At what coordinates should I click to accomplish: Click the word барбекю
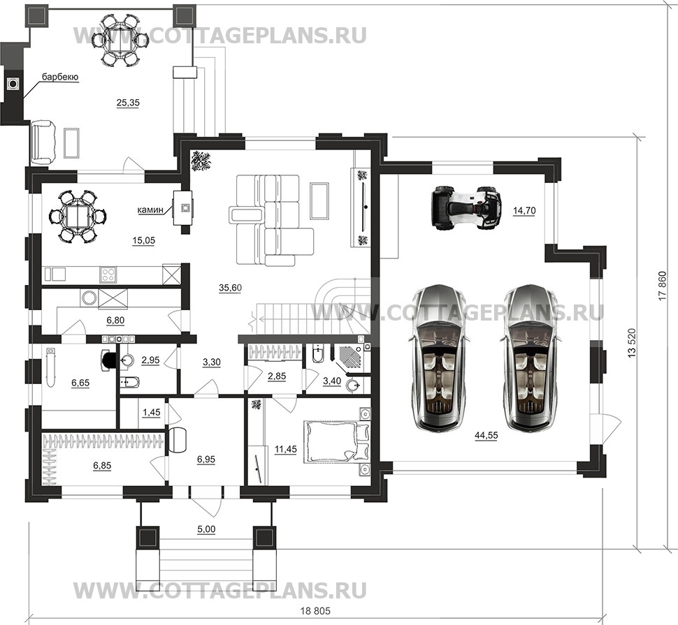click(59, 77)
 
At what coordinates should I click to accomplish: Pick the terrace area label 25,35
click(128, 103)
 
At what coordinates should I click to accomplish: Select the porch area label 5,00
click(205, 529)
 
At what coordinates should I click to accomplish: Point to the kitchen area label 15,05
click(143, 241)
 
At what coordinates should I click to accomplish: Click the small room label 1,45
click(152, 413)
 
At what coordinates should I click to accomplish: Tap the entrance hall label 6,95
click(207, 459)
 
